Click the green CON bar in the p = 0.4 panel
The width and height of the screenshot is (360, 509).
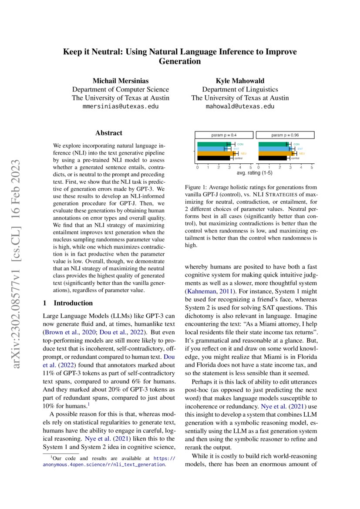click(212, 144)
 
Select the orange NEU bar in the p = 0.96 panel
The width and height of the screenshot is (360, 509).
click(276, 153)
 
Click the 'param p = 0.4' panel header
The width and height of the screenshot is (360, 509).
click(224, 135)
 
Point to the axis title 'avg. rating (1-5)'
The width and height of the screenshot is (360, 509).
click(254, 173)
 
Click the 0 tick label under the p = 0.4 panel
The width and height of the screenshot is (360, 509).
click(197, 167)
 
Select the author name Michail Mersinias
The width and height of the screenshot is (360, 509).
click(120, 81)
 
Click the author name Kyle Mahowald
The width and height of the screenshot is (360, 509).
click(239, 81)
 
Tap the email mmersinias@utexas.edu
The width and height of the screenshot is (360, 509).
click(120, 106)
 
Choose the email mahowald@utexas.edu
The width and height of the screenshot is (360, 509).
click(239, 106)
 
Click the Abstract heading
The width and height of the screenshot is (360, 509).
click(109, 133)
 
